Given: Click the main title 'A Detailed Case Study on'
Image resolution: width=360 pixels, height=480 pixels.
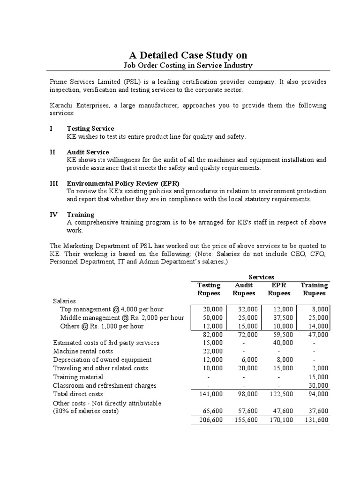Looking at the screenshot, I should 181,55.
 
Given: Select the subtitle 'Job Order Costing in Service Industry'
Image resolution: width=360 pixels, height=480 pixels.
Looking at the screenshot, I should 181,66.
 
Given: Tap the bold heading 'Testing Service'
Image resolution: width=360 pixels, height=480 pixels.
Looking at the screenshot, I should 90,128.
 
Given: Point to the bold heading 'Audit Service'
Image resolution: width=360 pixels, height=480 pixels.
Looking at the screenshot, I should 88,152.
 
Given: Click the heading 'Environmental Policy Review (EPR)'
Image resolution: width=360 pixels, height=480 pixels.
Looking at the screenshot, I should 123,183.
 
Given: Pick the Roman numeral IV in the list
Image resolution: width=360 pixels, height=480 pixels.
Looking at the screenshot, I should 53,215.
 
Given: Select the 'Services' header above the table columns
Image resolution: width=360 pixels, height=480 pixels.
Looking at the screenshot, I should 261,277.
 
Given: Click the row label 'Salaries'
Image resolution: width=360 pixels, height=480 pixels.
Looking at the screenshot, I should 65,301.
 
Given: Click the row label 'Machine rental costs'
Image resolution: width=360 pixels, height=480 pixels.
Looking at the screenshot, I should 83,351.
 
